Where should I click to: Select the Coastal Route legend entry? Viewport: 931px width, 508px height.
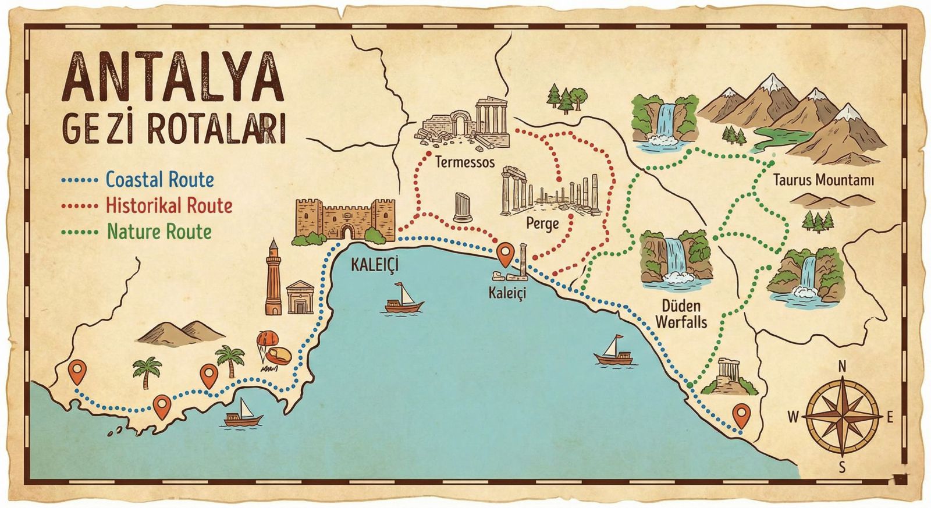click(x=159, y=180)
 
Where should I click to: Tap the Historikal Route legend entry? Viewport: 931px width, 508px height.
click(x=169, y=205)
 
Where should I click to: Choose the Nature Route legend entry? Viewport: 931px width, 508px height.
click(x=159, y=232)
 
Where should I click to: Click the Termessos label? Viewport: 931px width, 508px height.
click(x=465, y=162)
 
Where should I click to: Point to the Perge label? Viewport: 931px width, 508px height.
click(x=542, y=223)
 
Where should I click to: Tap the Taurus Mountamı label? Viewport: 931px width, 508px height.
click(x=823, y=180)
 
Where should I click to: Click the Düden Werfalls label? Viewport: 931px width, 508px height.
click(x=681, y=314)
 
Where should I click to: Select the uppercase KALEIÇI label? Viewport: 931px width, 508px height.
click(x=375, y=265)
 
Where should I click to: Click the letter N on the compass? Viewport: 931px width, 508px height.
click(x=841, y=367)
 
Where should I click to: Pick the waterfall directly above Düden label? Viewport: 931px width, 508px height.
click(x=675, y=259)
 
